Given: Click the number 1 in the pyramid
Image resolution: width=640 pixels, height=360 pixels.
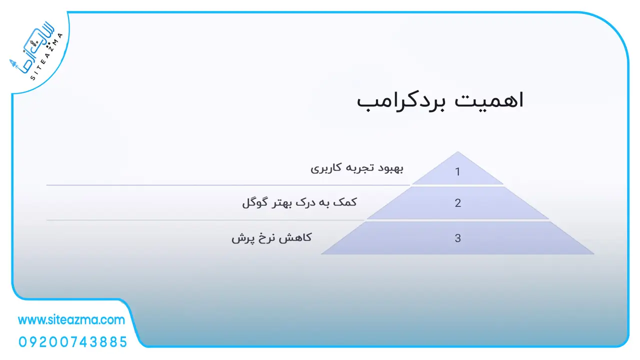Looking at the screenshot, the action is click(x=457, y=171).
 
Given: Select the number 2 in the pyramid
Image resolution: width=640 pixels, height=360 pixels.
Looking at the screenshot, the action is click(x=457, y=203).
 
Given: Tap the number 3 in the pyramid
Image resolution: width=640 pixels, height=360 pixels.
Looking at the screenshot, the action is click(x=457, y=238).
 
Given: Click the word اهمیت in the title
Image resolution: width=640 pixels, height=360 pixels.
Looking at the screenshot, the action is click(x=489, y=100).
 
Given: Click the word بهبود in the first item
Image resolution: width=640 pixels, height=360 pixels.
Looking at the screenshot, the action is click(x=390, y=168).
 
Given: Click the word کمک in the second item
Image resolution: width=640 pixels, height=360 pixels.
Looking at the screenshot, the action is click(x=346, y=202).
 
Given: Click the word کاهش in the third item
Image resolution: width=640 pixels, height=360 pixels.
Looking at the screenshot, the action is click(x=297, y=237).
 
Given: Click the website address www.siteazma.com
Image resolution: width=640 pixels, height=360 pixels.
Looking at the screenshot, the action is click(x=71, y=320).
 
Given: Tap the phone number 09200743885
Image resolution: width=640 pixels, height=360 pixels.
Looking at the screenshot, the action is click(x=73, y=342).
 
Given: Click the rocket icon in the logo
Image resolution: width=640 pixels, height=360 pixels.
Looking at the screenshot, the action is click(x=13, y=64).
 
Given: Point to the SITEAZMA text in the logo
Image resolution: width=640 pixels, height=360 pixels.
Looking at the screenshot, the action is click(x=46, y=56).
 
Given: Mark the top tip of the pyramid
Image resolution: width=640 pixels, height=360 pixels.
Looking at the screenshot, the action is click(x=457, y=152).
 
